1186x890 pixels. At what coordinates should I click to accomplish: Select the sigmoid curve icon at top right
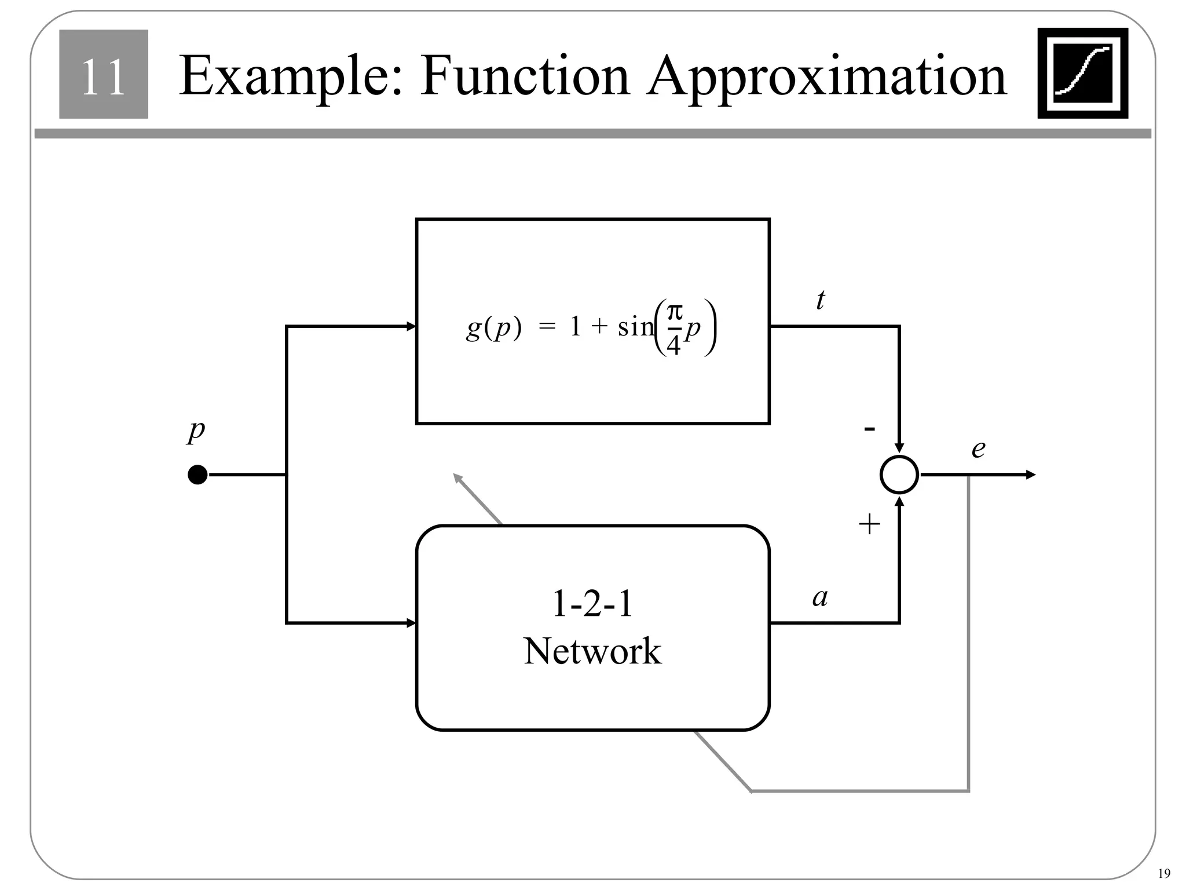coord(1082,73)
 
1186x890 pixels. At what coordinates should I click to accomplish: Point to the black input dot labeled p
coord(197,475)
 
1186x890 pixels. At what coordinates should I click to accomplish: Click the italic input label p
coord(196,431)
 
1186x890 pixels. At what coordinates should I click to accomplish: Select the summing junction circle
coord(899,475)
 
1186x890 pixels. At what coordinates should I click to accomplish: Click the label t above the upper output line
coord(820,300)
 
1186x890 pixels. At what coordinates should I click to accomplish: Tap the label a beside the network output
coord(820,597)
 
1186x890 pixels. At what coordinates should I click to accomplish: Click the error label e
coord(978,448)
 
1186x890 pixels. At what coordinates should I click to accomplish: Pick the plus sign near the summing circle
coord(869,525)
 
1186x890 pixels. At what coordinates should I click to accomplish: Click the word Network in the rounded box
coord(592,651)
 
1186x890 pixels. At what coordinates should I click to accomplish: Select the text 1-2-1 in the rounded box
coord(592,604)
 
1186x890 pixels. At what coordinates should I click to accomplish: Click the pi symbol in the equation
coord(674,313)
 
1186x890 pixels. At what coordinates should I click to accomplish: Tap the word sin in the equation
coord(635,328)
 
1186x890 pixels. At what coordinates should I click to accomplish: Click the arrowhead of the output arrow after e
coord(1031,475)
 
